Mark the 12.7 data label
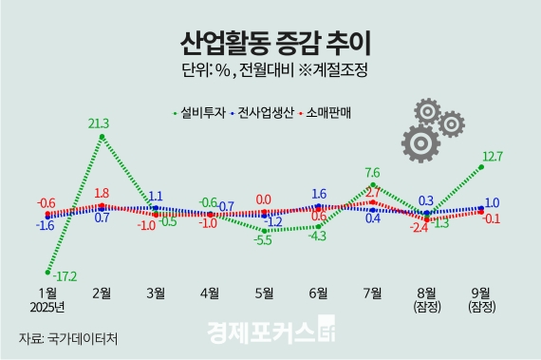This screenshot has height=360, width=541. tap(493, 157)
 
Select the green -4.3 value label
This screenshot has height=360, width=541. tap(315, 236)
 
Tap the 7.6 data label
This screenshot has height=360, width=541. tap(372, 173)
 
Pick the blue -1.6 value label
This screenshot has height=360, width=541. tap(45, 226)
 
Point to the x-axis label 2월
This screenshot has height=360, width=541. tap(101, 292)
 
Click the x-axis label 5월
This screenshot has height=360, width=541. tap(263, 292)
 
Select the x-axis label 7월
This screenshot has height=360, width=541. tap(372, 292)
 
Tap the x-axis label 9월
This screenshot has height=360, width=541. tap(481, 292)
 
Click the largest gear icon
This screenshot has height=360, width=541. tap(421, 143)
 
